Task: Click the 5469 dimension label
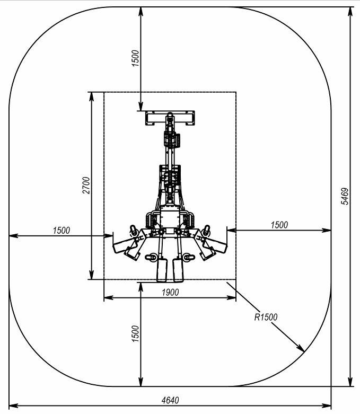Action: [x=345, y=196]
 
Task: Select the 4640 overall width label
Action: [x=170, y=400]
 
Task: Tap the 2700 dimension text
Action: [x=86, y=186]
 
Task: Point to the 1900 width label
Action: [x=170, y=292]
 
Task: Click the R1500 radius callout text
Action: [x=266, y=317]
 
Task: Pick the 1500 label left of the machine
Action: [x=62, y=230]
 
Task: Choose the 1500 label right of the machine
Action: [x=279, y=225]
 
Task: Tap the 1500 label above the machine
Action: [x=135, y=58]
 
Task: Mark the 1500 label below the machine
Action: [x=135, y=334]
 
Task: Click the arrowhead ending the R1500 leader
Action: [x=301, y=348]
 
